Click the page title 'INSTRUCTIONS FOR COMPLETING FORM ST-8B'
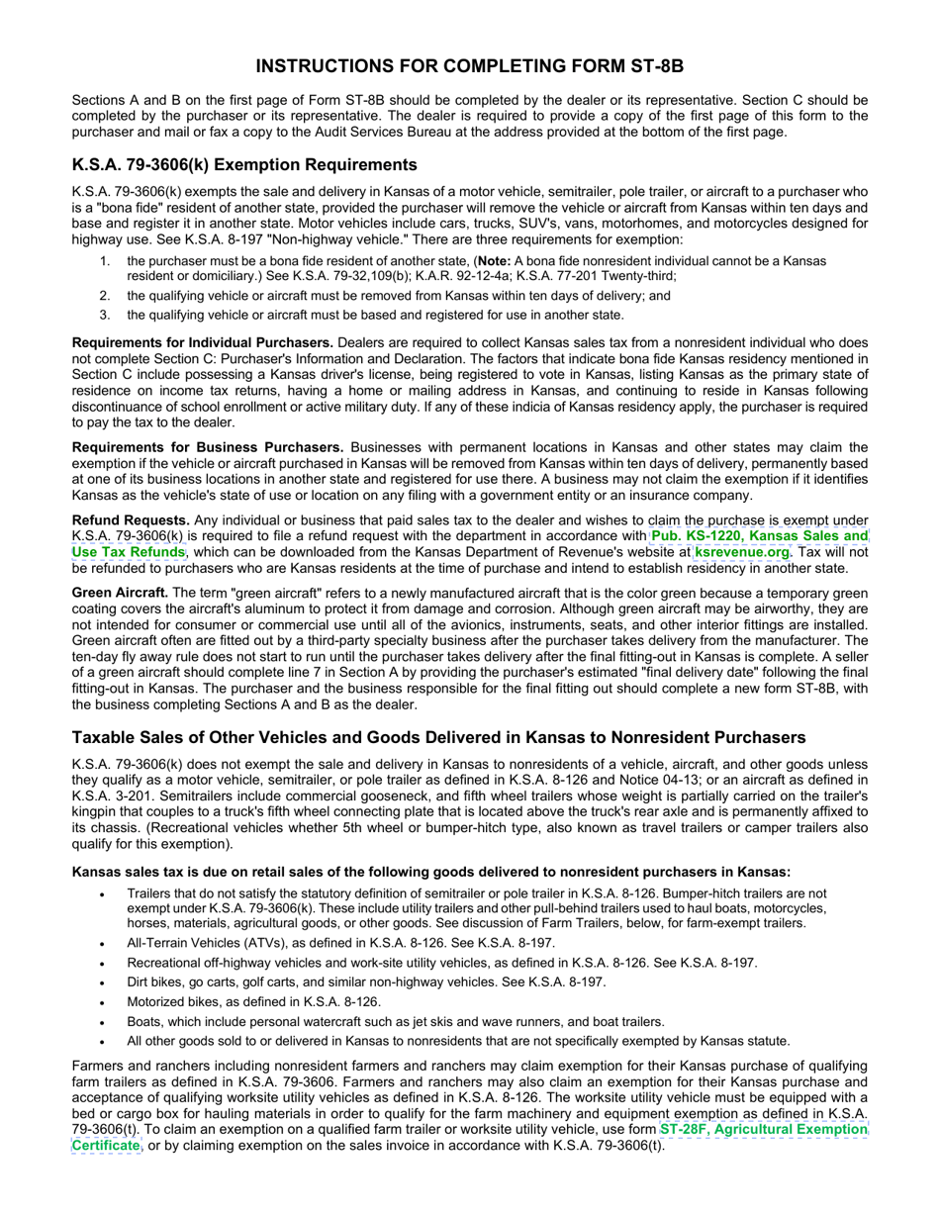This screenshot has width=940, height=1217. point(469,66)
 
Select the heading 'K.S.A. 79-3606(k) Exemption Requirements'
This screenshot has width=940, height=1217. point(244,164)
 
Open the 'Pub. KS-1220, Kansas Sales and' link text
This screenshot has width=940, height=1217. point(759,536)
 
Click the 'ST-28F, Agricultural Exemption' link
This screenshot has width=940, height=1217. point(763,1129)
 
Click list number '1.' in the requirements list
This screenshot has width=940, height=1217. point(105,261)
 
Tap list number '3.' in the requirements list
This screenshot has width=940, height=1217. point(105,315)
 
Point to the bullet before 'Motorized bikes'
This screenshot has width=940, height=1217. point(104,1001)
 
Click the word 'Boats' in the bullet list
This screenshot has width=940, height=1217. point(143,1021)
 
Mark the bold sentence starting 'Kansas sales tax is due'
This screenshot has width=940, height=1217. point(431,872)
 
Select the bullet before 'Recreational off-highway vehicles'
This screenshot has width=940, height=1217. point(104,963)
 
